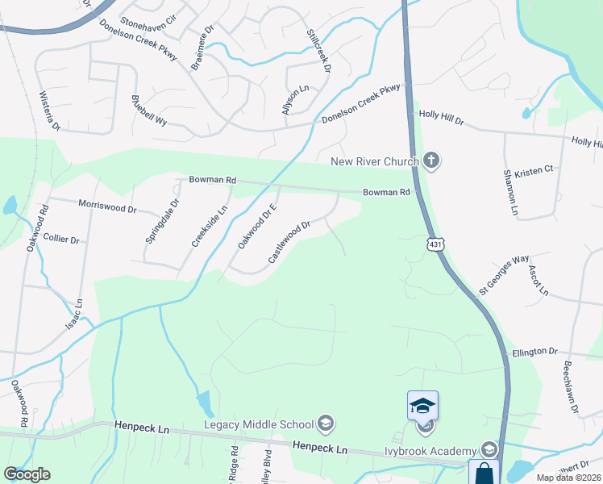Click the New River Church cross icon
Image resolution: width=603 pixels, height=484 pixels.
(x=431, y=161)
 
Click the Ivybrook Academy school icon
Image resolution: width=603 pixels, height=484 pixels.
(x=488, y=449)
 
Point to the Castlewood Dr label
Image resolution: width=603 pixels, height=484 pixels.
(x=289, y=242)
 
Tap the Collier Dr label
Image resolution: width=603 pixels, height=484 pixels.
(x=61, y=240)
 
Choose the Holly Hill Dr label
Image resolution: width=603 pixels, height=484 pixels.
(x=442, y=118)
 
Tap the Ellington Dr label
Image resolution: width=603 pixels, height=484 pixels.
(x=534, y=353)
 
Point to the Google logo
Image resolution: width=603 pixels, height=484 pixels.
(x=27, y=474)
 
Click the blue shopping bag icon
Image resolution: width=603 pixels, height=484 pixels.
(x=484, y=473)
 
